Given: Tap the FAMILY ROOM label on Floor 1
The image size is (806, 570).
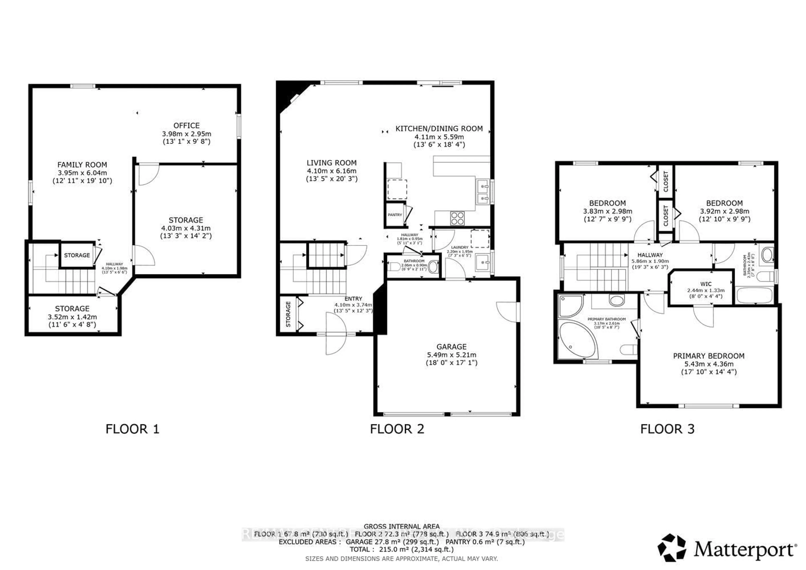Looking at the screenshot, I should click(82, 165).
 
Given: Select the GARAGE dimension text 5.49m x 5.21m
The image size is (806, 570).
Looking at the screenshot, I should click(451, 355).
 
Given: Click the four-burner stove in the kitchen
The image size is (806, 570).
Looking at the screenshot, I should click(457, 218).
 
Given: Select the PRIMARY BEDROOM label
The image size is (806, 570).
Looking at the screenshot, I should click(708, 356).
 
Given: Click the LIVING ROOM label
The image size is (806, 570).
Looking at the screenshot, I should click(331, 163).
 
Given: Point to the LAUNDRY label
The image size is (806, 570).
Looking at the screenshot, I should click(459, 247).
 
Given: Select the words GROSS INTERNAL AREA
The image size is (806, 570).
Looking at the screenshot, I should click(401, 527).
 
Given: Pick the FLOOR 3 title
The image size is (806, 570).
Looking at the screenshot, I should click(667, 429).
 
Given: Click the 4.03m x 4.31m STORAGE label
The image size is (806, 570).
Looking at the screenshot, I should click(186, 220).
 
